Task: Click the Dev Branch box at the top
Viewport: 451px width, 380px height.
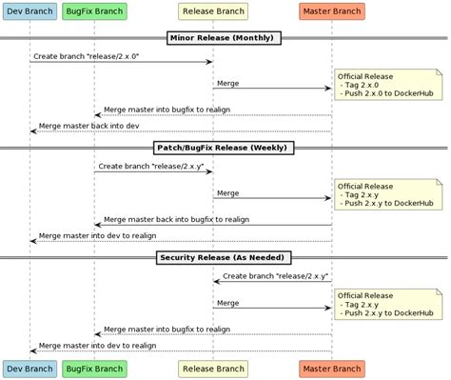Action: pyautogui.click(x=29, y=12)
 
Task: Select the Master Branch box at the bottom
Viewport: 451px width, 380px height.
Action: pyautogui.click(x=332, y=368)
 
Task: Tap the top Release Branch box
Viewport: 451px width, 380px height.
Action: pyautogui.click(x=212, y=12)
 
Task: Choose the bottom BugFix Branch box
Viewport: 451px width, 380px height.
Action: pyautogui.click(x=95, y=368)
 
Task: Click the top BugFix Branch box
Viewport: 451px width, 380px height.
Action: pyautogui.click(x=95, y=12)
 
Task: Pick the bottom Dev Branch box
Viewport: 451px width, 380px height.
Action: pyautogui.click(x=29, y=368)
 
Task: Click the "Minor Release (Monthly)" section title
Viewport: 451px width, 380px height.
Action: pyautogui.click(x=225, y=38)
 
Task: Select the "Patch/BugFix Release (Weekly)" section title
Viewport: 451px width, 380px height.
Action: pyautogui.click(x=225, y=148)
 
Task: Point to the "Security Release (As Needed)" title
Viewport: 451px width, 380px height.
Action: pyautogui.click(x=225, y=258)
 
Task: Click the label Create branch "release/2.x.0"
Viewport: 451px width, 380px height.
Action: pyautogui.click(x=87, y=56)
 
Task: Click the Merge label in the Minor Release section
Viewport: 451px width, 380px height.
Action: pyautogui.click(x=227, y=83)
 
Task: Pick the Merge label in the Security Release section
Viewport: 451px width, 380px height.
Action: pyautogui.click(x=227, y=302)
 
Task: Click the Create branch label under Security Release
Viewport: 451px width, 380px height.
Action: pyautogui.click(x=276, y=275)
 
